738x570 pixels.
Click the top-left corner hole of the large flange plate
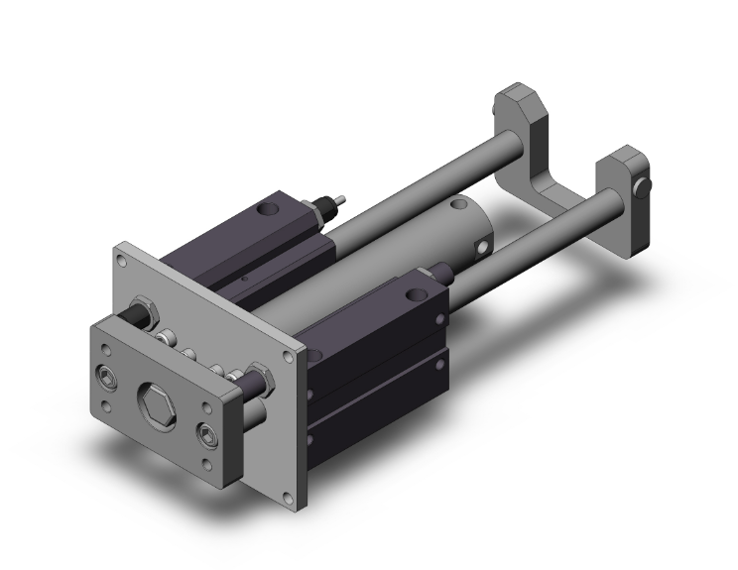click(121, 263)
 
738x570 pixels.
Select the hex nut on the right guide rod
click(261, 376)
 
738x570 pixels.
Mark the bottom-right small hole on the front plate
click(207, 465)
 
